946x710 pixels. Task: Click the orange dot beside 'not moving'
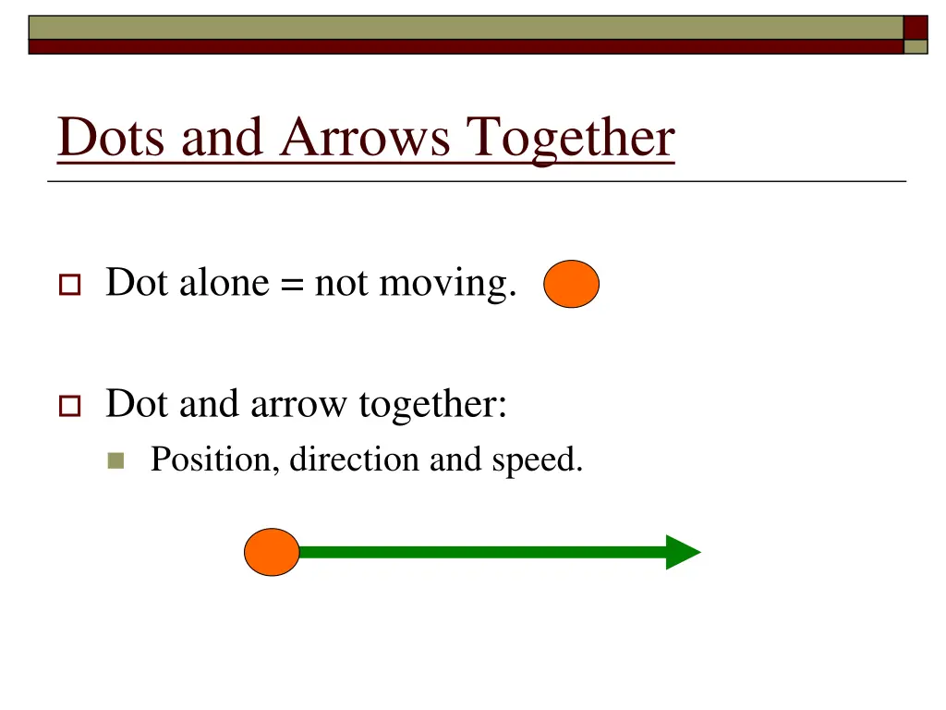click(571, 284)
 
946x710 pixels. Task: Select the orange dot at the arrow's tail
click(272, 552)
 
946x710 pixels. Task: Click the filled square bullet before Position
click(115, 460)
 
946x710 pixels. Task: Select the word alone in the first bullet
click(223, 282)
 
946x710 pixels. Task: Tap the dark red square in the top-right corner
click(915, 27)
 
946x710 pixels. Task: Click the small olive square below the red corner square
click(915, 47)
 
